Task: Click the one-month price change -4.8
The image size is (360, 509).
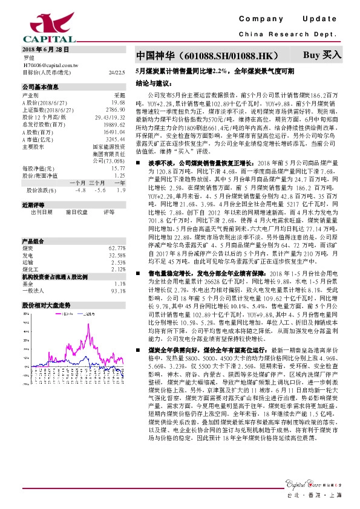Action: [80, 190]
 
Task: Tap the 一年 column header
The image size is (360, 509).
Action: [119, 183]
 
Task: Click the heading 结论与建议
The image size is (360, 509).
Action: [151, 81]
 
